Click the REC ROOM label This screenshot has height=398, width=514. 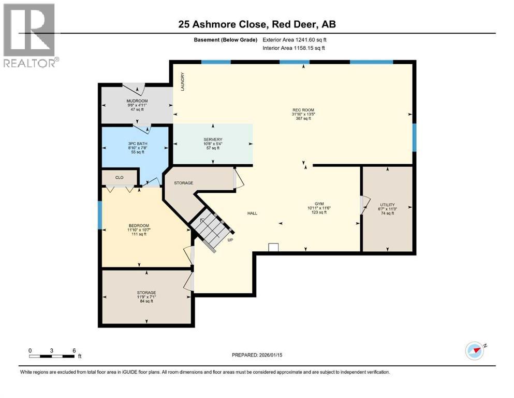click(303, 110)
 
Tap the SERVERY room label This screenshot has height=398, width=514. click(213, 139)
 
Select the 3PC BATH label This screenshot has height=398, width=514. click(138, 144)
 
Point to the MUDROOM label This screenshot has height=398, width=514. click(137, 101)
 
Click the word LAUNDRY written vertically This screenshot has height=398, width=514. click(183, 82)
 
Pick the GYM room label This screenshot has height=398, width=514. click(319, 204)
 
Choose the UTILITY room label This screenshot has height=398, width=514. click(388, 205)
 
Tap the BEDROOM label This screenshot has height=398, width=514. click(139, 226)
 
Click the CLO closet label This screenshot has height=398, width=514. click(120, 178)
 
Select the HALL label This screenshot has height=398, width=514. click(252, 214)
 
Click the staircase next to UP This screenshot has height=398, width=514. click(211, 229)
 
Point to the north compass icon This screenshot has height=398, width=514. click(475, 351)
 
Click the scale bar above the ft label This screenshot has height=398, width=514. click(51, 356)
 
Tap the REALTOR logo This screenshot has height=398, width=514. click(31, 35)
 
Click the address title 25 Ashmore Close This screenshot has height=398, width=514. click(221, 24)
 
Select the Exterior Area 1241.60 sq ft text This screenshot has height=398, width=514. click(295, 40)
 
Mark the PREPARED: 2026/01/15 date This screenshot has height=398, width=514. click(257, 355)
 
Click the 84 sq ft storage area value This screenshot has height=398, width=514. click(146, 301)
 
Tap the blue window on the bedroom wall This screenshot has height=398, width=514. click(100, 215)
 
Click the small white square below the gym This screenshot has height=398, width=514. click(273, 247)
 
